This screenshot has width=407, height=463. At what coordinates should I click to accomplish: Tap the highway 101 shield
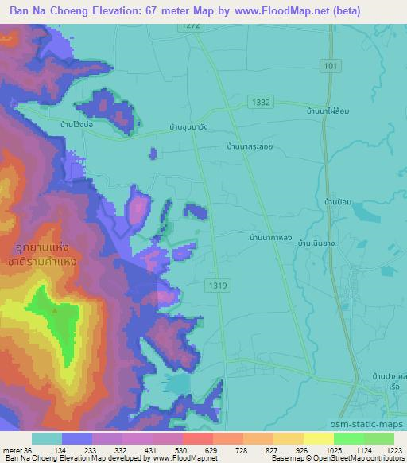pyautogui.click(x=331, y=66)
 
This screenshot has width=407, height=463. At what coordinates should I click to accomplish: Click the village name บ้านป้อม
pyautogui.click(x=338, y=204)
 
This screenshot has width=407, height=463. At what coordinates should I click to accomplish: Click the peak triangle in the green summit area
pyautogui.click(x=55, y=310)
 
